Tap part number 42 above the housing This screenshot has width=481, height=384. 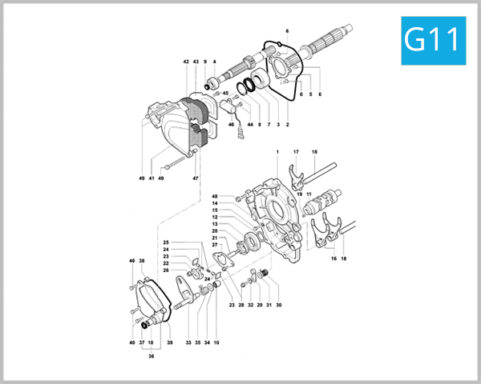(185, 62)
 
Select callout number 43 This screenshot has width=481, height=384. (196, 62)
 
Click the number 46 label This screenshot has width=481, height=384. (231, 125)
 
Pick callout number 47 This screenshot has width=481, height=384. (195, 178)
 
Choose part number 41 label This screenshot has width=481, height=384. (151, 178)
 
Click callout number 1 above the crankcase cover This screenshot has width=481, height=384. (277, 152)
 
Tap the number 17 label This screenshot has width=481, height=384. (296, 152)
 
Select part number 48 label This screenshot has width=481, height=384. (215, 196)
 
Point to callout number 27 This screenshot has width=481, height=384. (215, 245)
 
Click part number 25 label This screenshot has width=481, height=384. (166, 242)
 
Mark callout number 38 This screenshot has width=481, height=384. (142, 261)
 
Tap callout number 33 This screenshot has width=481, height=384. (188, 342)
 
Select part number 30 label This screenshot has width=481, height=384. (278, 306)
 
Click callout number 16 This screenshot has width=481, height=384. (333, 259)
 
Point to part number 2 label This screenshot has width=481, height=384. (287, 125)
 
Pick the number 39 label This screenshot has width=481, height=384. (169, 342)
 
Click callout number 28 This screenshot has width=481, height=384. (240, 306)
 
